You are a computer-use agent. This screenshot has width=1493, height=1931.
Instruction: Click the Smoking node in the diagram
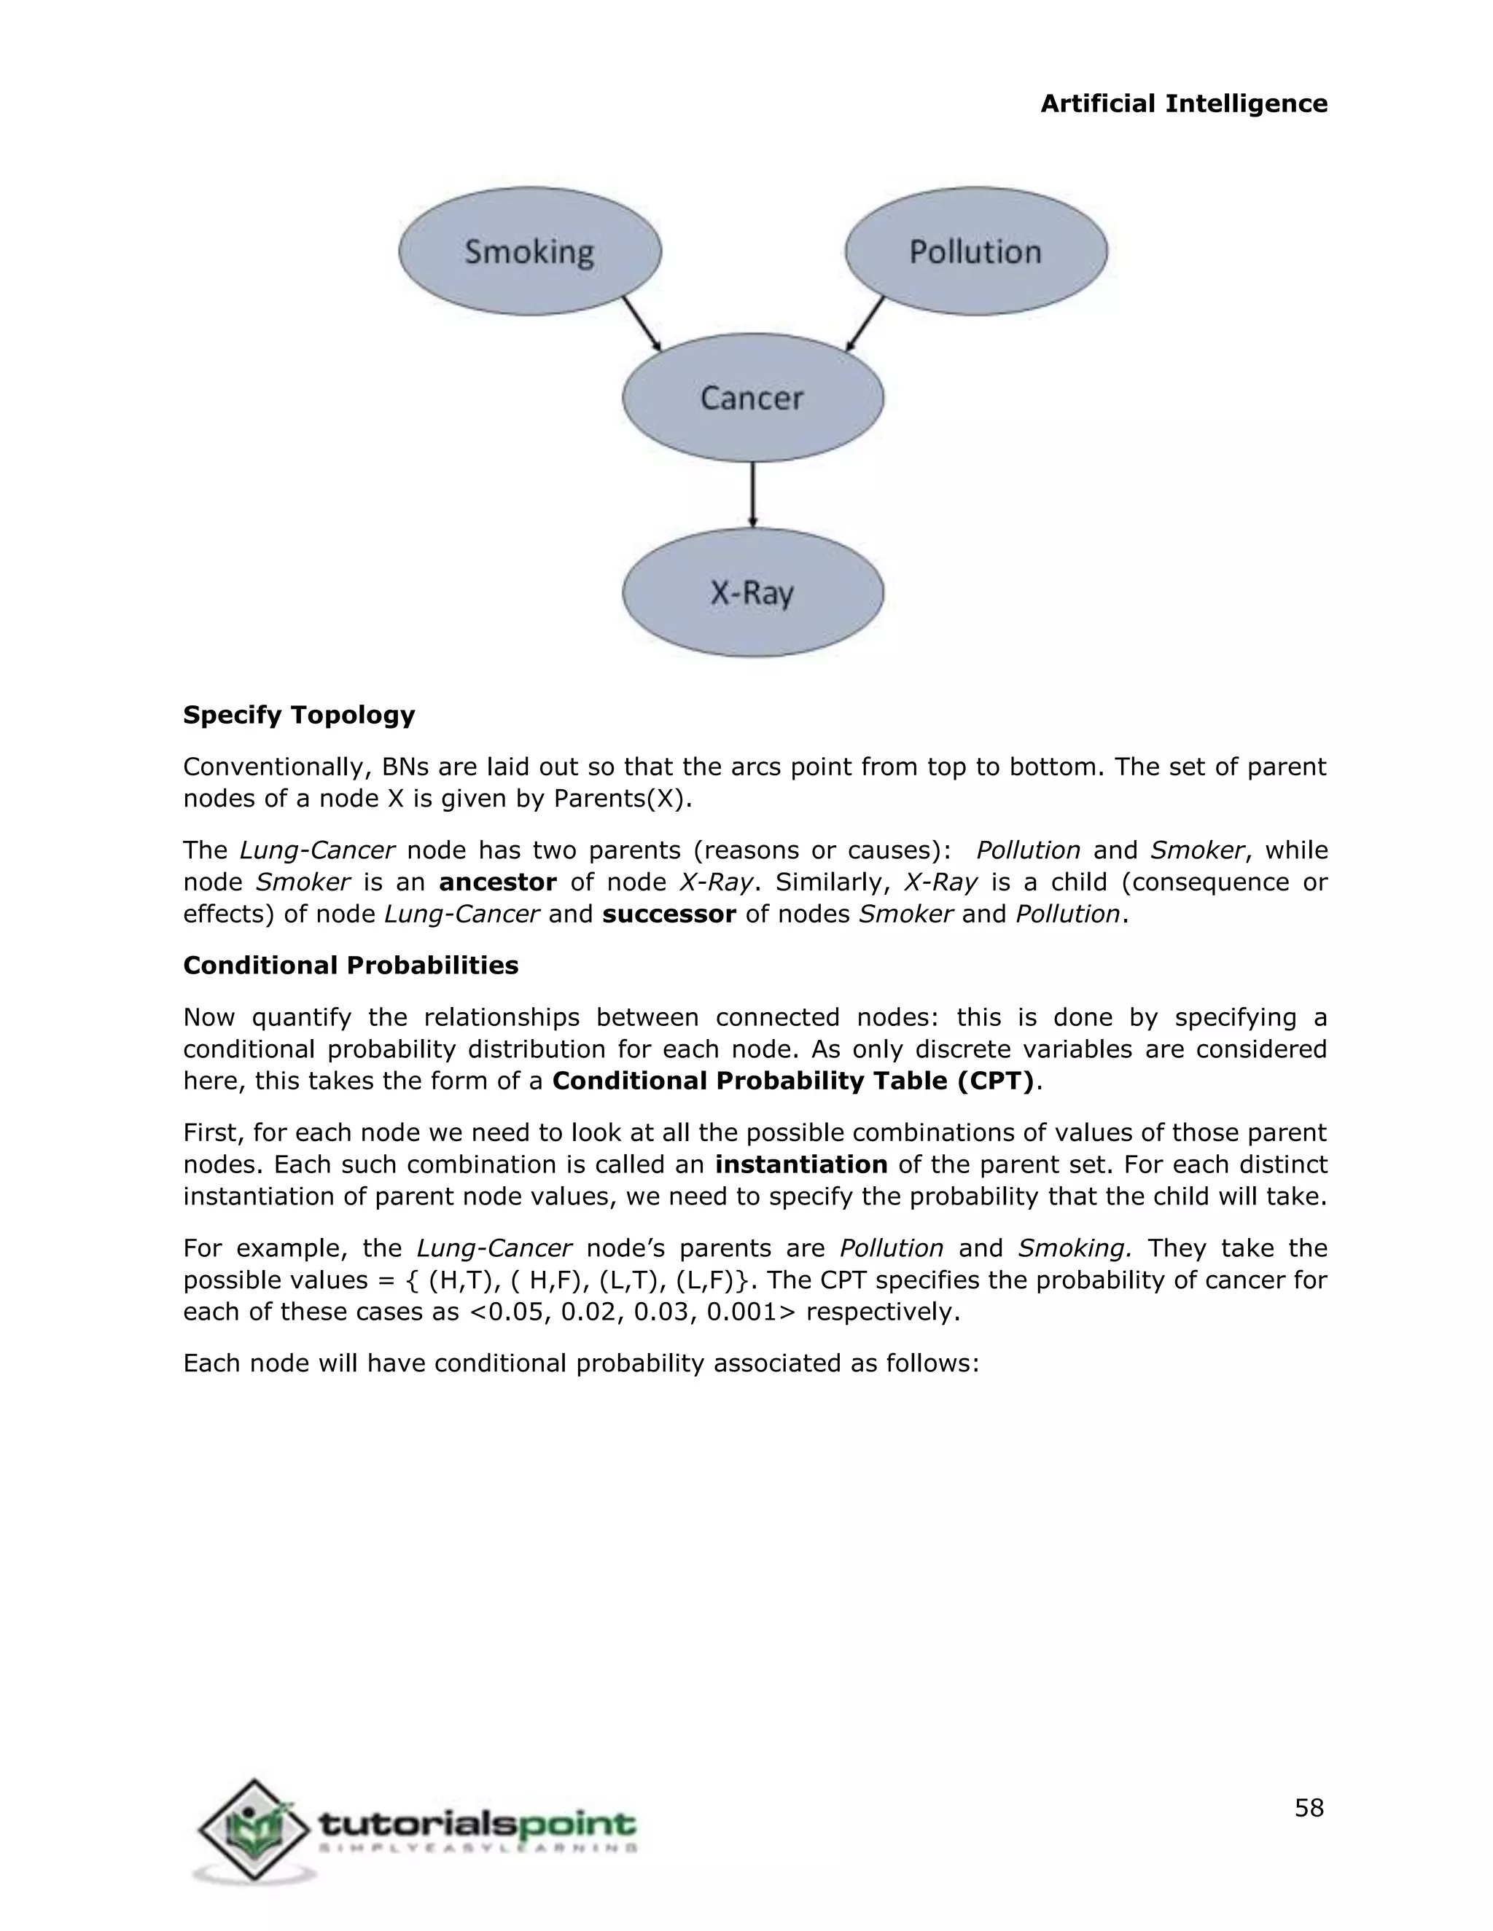tap(529, 251)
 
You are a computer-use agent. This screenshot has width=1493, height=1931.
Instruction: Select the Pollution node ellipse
tap(975, 251)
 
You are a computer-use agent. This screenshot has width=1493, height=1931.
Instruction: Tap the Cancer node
tap(752, 397)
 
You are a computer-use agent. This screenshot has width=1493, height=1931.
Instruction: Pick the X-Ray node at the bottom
tap(752, 592)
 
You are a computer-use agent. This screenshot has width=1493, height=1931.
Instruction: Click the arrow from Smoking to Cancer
tap(642, 324)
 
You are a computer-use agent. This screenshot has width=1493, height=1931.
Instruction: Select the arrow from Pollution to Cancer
tap(865, 324)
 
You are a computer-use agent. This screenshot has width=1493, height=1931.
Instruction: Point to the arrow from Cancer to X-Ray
tap(752, 494)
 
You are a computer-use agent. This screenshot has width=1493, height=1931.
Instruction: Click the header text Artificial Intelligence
tap(1183, 103)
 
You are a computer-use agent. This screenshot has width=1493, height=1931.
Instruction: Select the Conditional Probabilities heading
tap(350, 965)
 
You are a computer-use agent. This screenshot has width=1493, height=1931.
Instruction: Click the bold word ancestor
tap(498, 882)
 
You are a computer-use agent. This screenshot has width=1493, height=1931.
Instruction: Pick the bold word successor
tap(668, 914)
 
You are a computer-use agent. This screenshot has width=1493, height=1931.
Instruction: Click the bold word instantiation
tap(801, 1164)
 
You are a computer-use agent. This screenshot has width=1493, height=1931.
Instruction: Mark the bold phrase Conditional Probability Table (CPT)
tap(792, 1081)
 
